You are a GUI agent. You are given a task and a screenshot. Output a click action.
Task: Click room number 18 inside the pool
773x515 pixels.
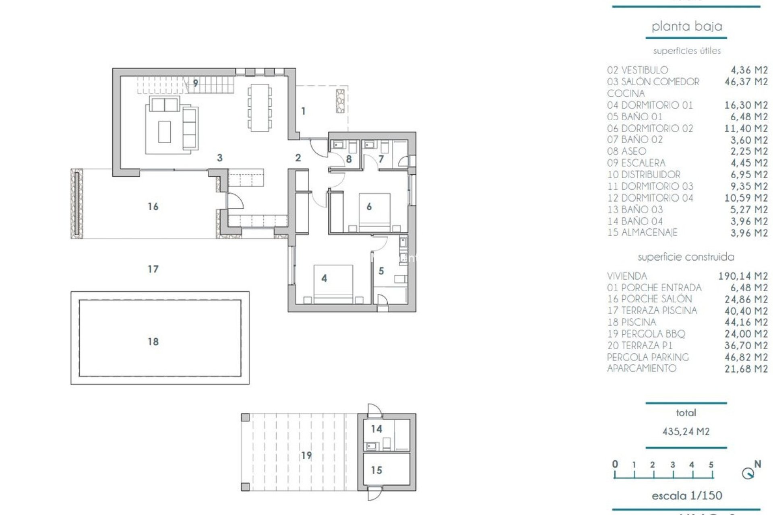[153, 342]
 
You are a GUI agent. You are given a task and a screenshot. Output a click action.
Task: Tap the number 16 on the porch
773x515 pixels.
[153, 206]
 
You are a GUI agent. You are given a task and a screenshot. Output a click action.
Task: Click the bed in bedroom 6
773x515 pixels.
[374, 212]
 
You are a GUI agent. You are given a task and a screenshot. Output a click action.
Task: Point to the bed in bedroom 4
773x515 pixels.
[333, 283]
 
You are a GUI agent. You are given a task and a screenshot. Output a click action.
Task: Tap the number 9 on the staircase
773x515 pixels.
[196, 83]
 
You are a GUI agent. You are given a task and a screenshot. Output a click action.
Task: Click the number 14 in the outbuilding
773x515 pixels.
[376, 429]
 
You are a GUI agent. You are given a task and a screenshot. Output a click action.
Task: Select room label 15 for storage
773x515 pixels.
[376, 470]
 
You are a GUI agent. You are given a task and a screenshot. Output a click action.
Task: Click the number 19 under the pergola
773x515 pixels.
[306, 455]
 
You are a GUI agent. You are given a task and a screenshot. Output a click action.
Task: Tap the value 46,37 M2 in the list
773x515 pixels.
[746, 82]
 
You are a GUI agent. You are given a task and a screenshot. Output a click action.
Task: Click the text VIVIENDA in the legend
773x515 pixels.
[627, 276]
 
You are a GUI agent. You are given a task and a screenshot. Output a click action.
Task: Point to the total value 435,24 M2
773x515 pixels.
[686, 431]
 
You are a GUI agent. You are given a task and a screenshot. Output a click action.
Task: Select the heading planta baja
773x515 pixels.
[686, 27]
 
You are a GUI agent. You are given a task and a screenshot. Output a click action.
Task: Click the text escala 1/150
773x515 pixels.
[686, 495]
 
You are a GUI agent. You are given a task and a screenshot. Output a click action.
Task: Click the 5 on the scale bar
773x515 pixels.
[711, 465]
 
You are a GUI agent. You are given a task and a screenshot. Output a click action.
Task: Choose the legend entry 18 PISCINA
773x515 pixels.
[632, 322]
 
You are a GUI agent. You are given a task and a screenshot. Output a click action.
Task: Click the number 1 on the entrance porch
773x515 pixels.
[303, 111]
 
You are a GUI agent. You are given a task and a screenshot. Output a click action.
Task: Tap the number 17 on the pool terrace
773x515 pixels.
[153, 269]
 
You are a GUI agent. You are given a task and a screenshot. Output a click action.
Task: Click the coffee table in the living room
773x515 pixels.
[164, 132]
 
